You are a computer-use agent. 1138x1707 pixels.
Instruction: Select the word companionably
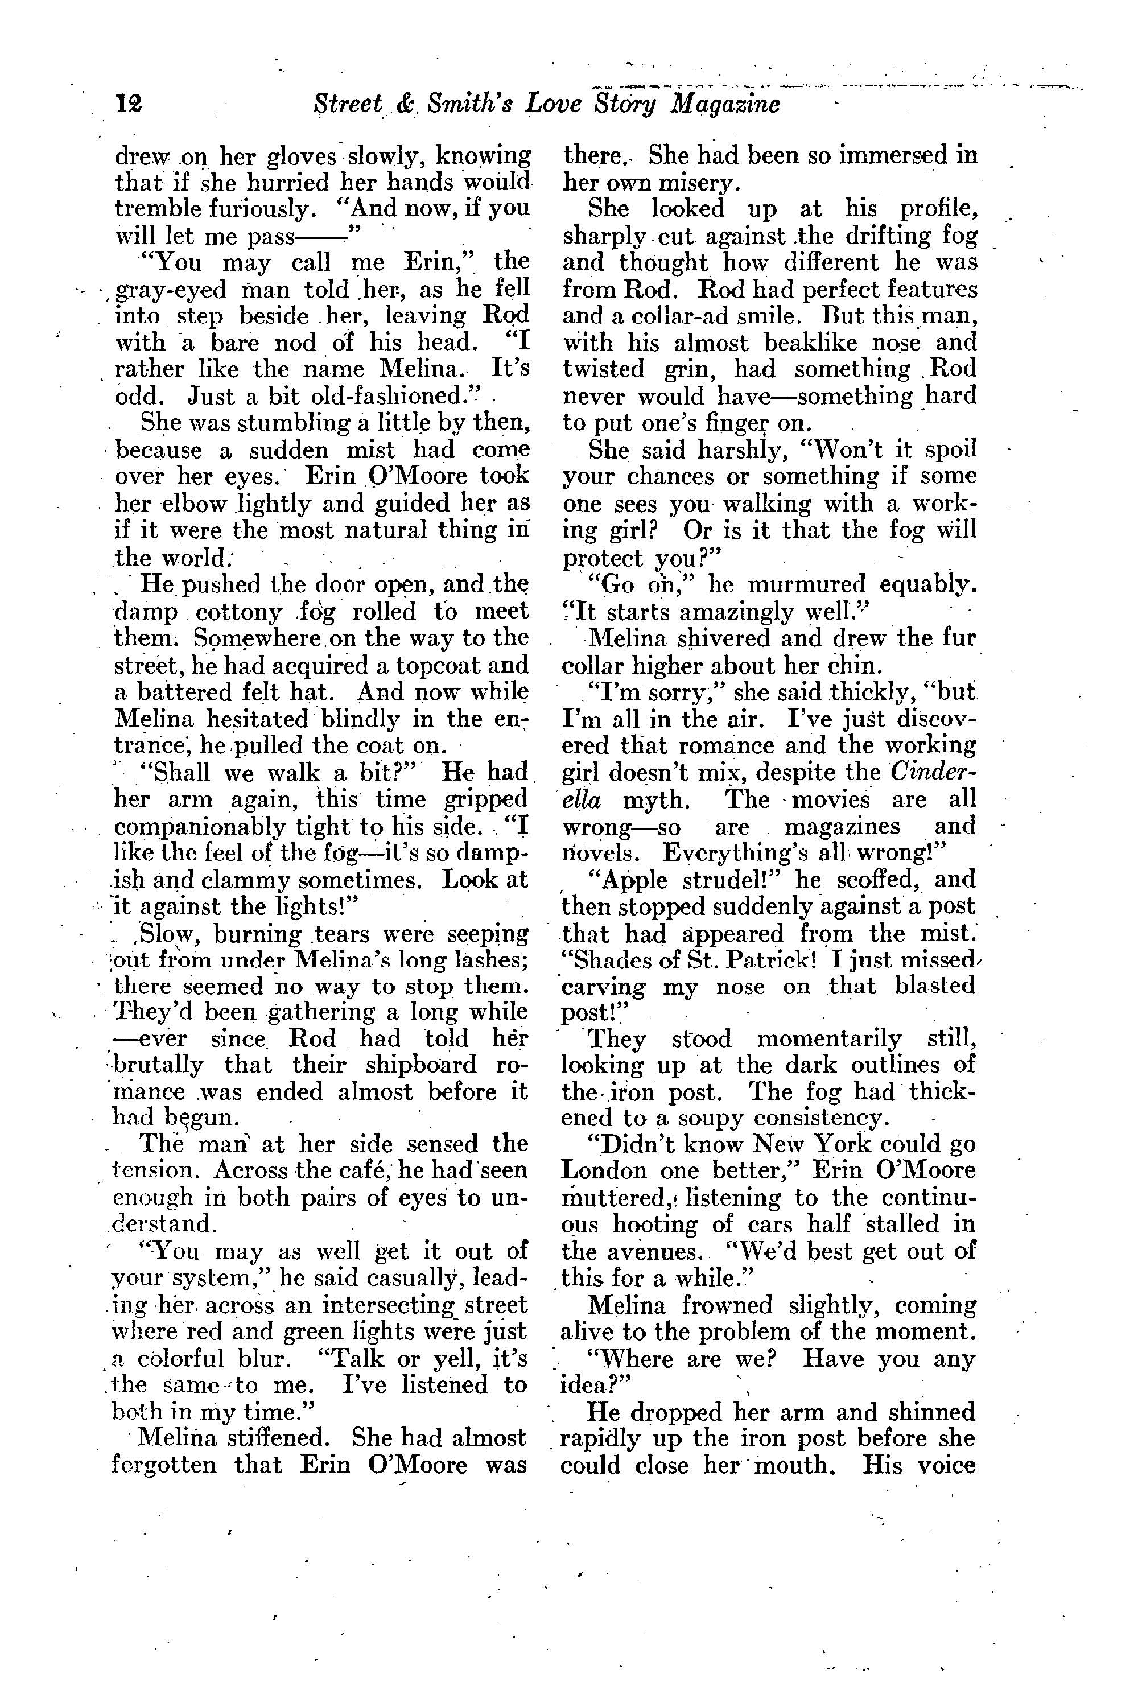point(195,827)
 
